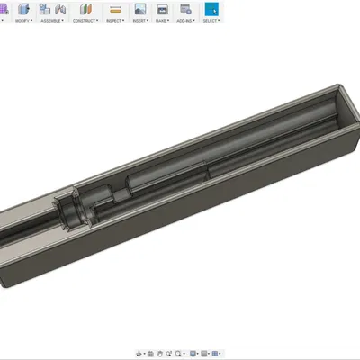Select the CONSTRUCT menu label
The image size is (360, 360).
click(x=85, y=19)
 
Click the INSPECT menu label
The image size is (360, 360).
click(x=114, y=19)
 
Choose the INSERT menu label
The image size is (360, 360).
click(x=139, y=19)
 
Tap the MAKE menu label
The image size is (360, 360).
click(x=162, y=19)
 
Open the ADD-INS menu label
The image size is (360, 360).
click(x=185, y=19)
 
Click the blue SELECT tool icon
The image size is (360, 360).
click(x=210, y=8)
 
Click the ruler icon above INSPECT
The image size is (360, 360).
click(x=114, y=8)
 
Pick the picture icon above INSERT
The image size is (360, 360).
click(x=139, y=8)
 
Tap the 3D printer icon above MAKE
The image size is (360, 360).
click(x=162, y=8)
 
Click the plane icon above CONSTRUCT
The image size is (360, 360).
click(x=85, y=8)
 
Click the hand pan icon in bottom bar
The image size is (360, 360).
click(x=158, y=353)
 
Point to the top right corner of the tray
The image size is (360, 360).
click(x=340, y=86)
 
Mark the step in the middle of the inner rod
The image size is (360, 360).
click(x=210, y=168)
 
